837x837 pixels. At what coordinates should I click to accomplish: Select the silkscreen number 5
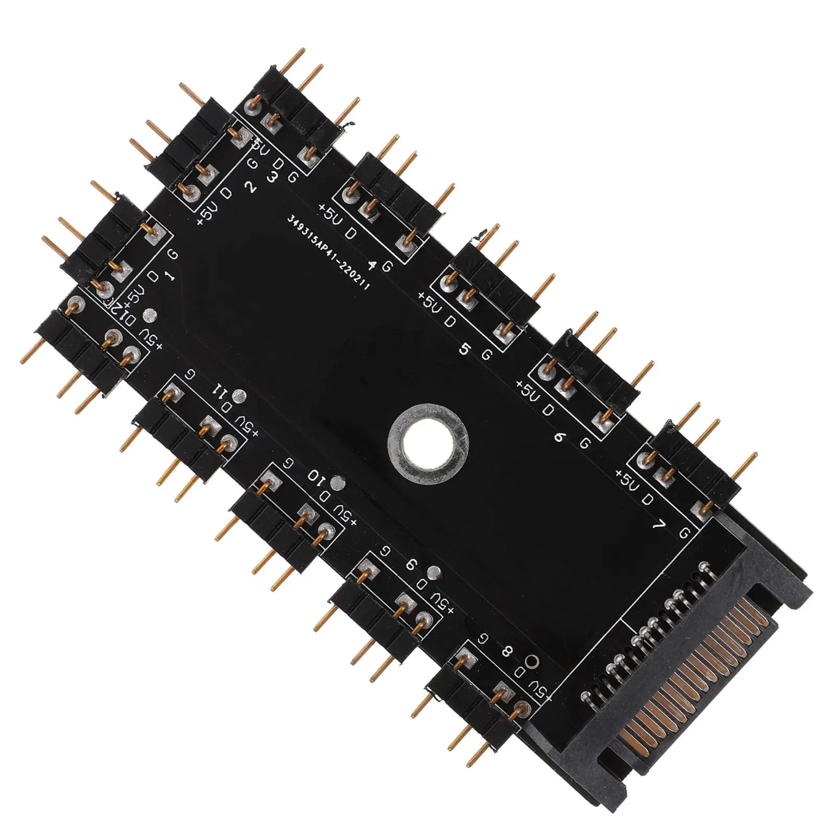click(463, 349)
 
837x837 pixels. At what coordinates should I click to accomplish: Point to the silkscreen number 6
click(559, 437)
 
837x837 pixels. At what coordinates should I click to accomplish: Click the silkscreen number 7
click(661, 526)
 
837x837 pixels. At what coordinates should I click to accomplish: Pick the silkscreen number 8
click(506, 652)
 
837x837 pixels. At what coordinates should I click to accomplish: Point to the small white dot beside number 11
click(240, 396)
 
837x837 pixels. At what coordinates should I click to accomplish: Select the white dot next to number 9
click(432, 571)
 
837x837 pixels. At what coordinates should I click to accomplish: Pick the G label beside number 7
click(684, 534)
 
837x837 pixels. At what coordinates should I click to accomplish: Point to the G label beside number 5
click(487, 355)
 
